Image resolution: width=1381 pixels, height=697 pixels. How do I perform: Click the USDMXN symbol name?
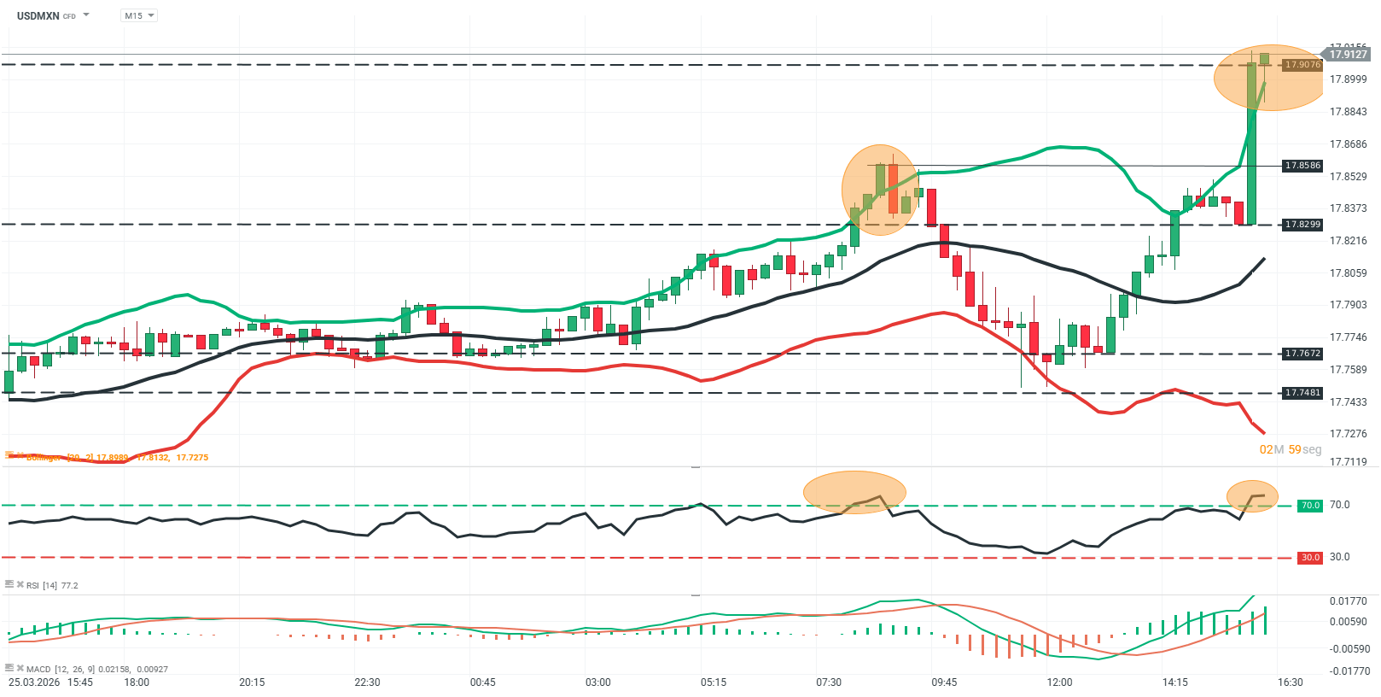[x=38, y=15]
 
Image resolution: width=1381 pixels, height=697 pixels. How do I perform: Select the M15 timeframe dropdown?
[x=138, y=15]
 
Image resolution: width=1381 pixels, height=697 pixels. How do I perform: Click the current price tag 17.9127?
[x=1348, y=54]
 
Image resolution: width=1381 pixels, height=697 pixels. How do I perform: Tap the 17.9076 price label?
[x=1302, y=64]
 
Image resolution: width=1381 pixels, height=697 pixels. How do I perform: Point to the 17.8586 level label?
[x=1302, y=166]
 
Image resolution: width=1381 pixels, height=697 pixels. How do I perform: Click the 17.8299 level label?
[x=1302, y=225]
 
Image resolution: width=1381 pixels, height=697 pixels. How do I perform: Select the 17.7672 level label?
[x=1302, y=354]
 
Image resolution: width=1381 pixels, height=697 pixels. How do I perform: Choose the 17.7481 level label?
[x=1302, y=393]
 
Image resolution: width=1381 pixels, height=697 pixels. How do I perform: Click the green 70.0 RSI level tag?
[x=1309, y=506]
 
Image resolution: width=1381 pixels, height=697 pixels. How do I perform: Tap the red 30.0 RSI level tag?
[x=1309, y=558]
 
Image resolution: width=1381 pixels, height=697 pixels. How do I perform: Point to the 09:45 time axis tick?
[x=944, y=682]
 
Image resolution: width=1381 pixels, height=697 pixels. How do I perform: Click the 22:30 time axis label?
[x=367, y=682]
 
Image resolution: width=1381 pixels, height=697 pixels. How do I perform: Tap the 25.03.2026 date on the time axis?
[x=34, y=682]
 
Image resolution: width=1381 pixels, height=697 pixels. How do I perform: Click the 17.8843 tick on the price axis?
[x=1348, y=112]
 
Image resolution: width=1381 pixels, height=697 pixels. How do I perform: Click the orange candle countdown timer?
[x=1290, y=449]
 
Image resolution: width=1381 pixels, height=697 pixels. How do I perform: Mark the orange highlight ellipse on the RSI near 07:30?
[x=854, y=493]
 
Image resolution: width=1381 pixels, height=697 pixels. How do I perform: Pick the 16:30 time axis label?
[x=1290, y=682]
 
